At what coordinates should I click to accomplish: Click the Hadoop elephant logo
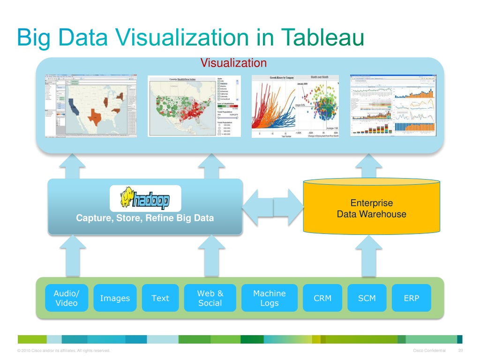click(x=145, y=198)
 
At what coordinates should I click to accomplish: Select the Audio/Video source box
click(x=67, y=298)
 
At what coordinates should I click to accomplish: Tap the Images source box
click(x=115, y=298)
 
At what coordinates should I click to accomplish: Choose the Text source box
click(x=160, y=298)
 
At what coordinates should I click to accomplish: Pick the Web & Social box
click(x=210, y=298)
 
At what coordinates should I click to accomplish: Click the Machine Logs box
click(x=269, y=298)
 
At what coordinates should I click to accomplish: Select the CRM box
click(x=322, y=298)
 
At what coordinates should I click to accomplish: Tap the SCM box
click(x=367, y=298)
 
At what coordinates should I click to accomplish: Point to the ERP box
click(x=411, y=298)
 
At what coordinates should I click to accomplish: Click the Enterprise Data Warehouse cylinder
click(x=372, y=209)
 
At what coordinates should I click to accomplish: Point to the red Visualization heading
click(x=233, y=63)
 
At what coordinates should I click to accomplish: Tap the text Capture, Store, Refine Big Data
click(x=145, y=218)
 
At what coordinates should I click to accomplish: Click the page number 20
click(x=460, y=351)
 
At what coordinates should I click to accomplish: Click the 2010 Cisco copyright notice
click(x=63, y=351)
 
